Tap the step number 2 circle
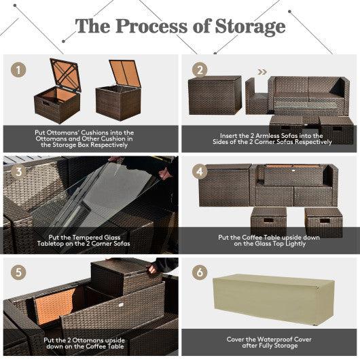198,70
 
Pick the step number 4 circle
198,170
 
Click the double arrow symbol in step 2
262,70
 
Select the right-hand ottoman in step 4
323,221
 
